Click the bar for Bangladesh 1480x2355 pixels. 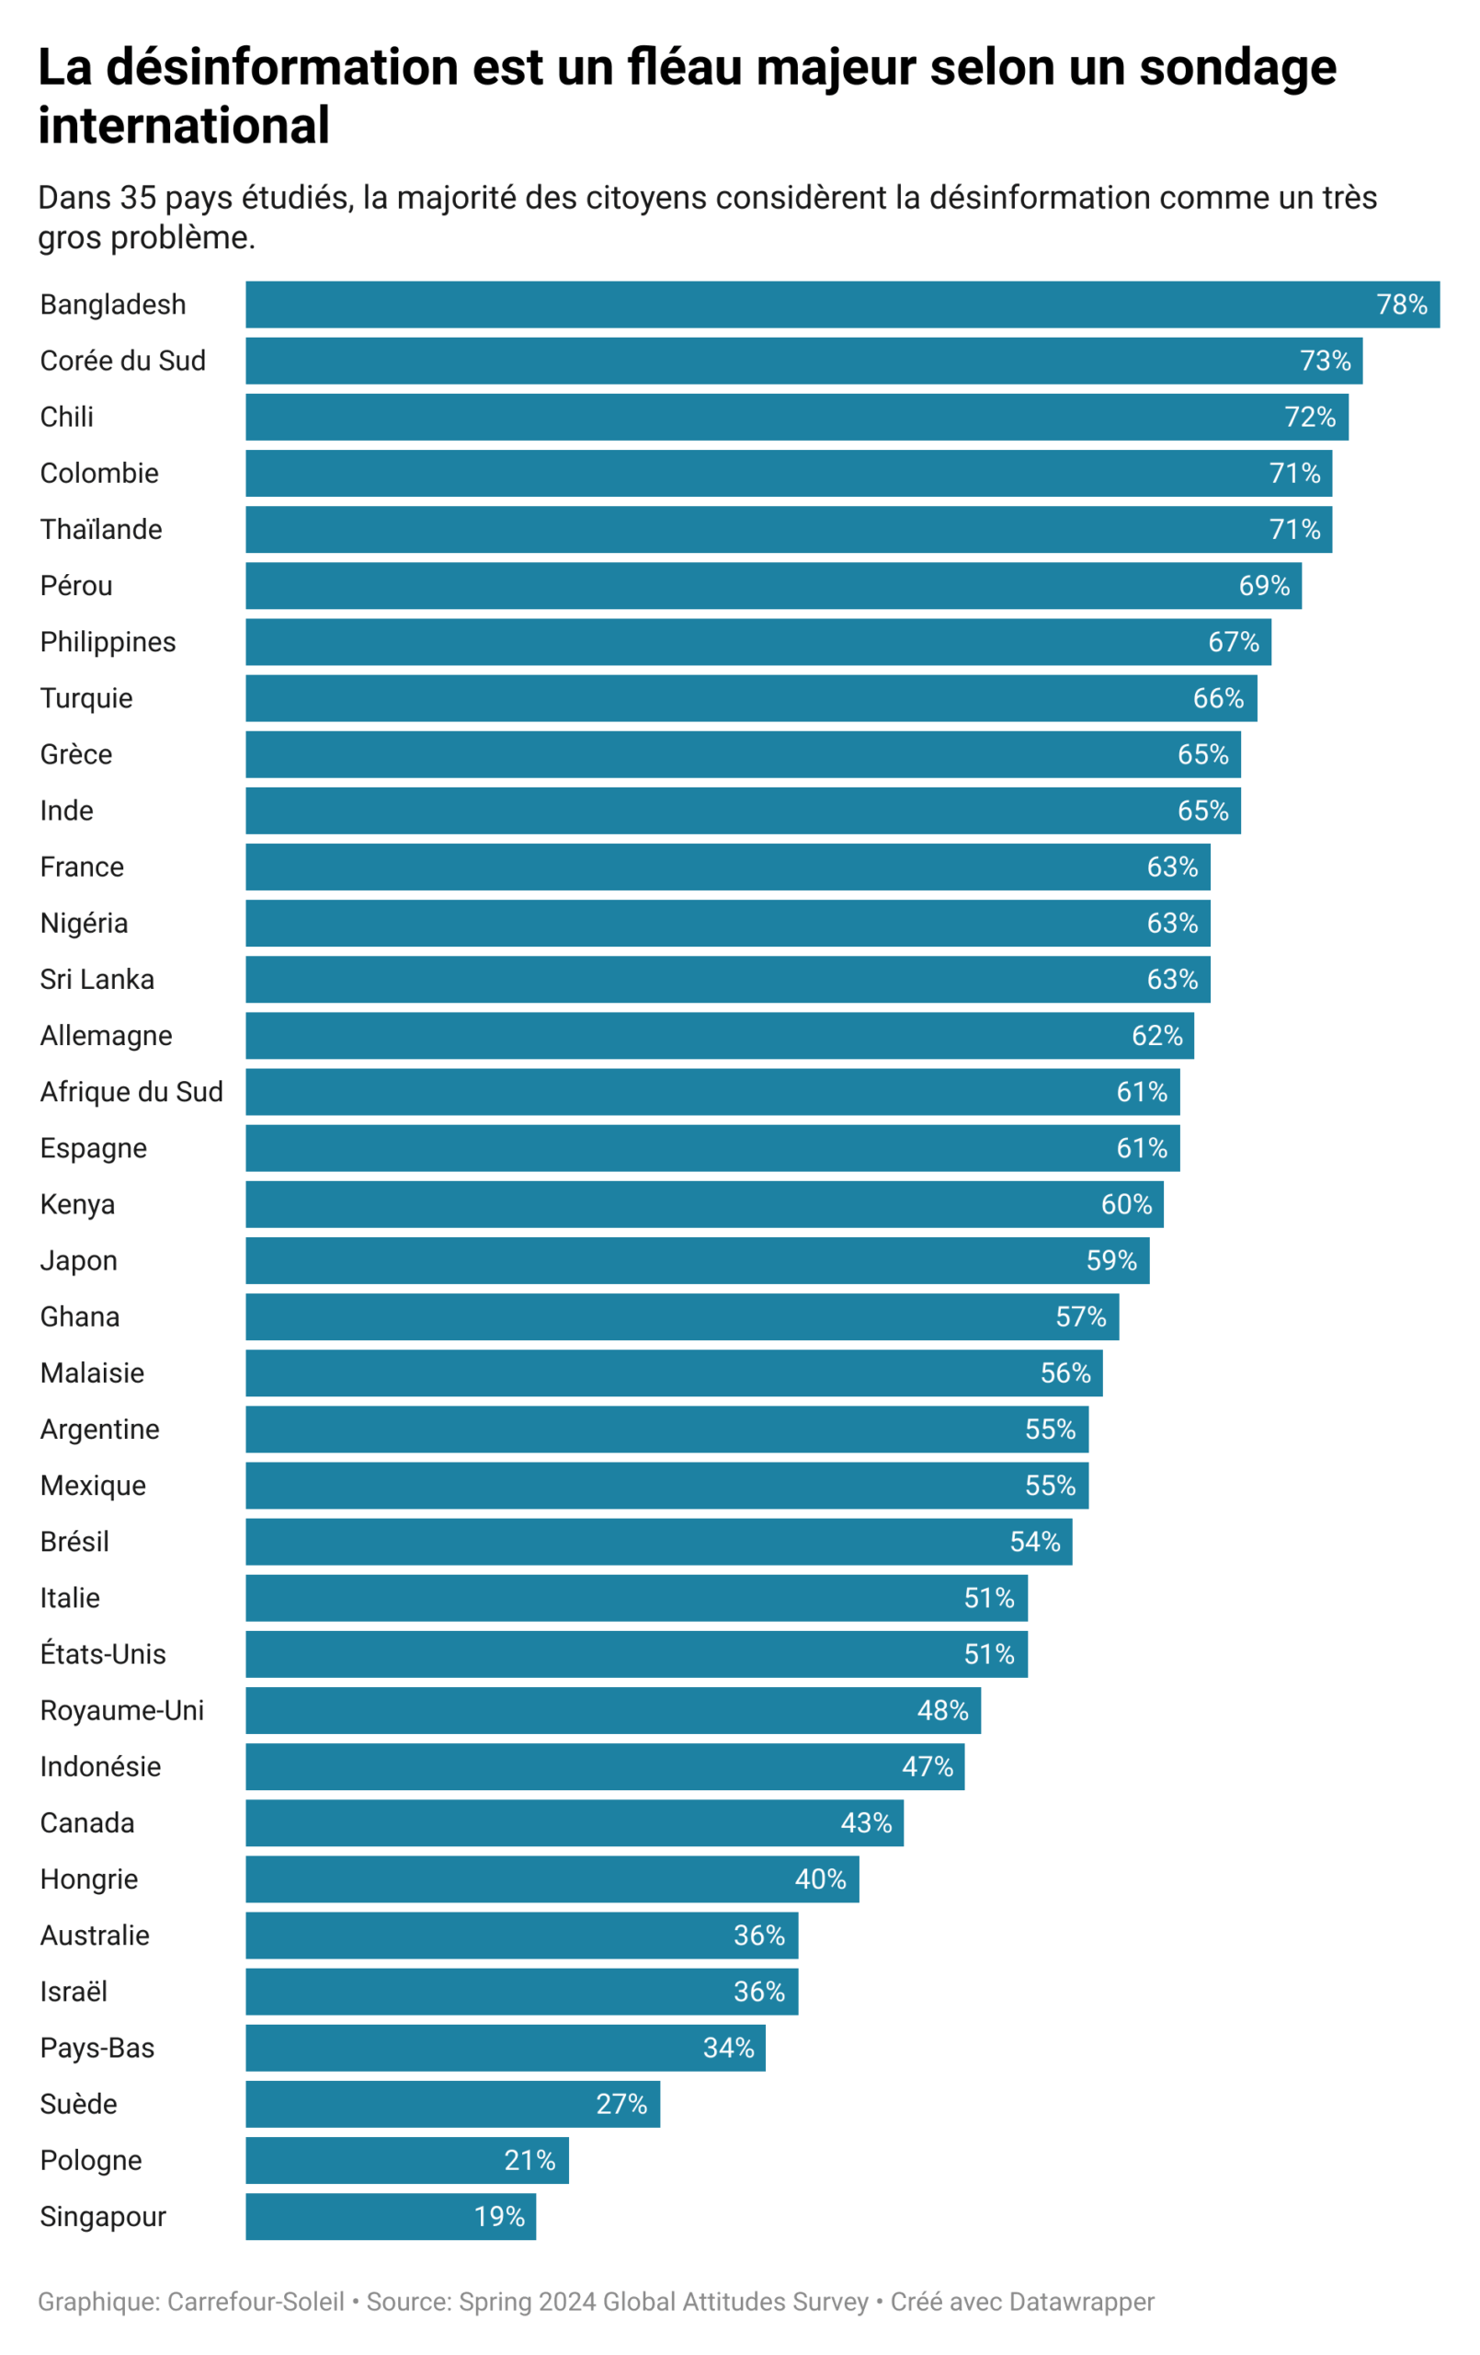[841, 304]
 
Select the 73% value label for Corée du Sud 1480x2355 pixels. [1325, 361]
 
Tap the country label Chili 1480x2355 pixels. [66, 417]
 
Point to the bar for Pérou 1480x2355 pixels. [772, 586]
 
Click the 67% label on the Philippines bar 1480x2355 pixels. [1233, 641]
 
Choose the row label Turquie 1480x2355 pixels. [86, 698]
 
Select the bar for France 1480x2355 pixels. [727, 867]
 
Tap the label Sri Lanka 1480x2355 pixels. [97, 979]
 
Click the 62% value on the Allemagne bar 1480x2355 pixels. [1156, 1036]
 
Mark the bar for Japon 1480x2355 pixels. [697, 1260]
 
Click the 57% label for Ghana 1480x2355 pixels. [1080, 1316]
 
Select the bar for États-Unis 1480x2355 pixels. [635, 1654]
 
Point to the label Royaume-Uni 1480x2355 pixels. [121, 1710]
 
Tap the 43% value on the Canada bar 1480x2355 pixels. [866, 1823]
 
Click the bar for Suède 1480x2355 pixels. [451, 2104]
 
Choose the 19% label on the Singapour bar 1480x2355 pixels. [498, 2216]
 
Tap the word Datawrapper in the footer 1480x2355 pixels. [1081, 2303]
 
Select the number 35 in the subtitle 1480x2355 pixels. [138, 198]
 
